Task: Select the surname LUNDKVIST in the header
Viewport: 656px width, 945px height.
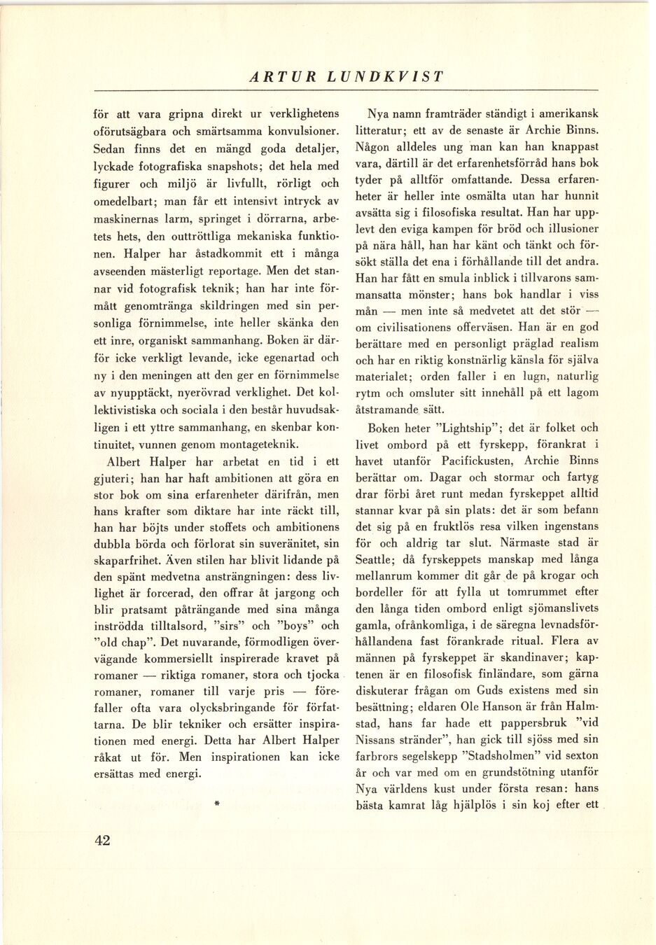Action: [x=386, y=78]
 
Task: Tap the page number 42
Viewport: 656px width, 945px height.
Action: [x=102, y=841]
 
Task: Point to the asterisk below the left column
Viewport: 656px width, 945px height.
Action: [x=218, y=806]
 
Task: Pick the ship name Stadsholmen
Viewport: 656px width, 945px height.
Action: [x=498, y=756]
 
